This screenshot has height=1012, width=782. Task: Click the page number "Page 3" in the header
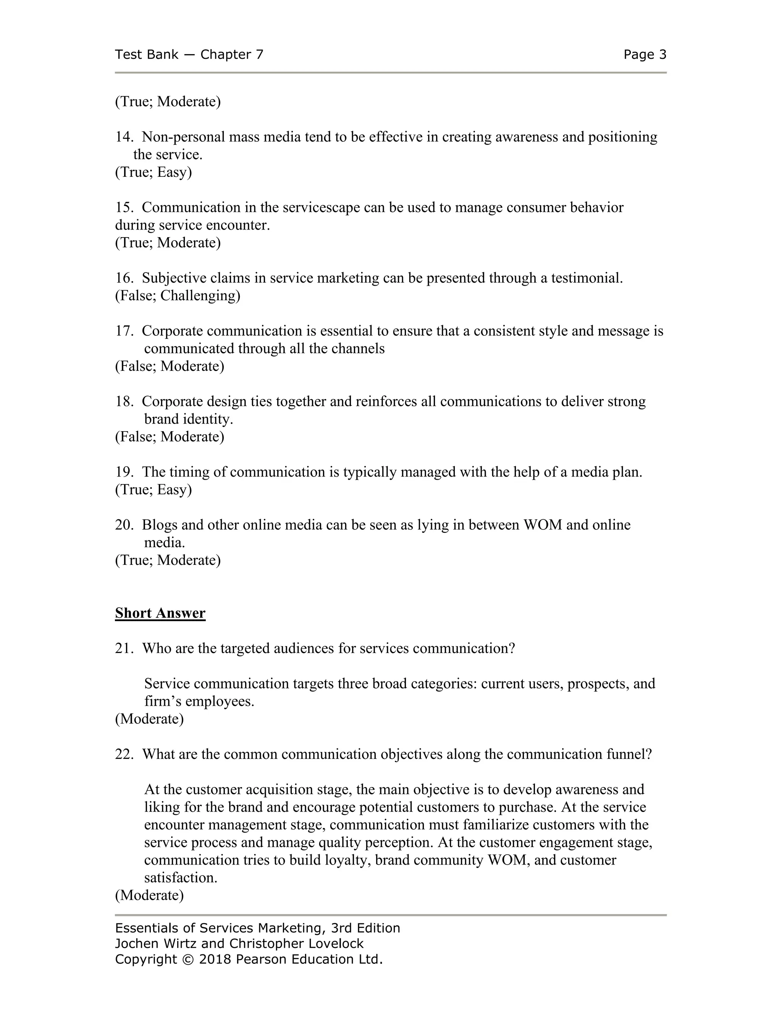(x=645, y=55)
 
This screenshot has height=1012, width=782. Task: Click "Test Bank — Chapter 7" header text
(x=189, y=55)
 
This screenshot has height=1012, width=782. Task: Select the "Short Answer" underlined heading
(x=160, y=613)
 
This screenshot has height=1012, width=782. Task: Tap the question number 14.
(x=124, y=137)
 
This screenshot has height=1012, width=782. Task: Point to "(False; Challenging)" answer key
(x=178, y=295)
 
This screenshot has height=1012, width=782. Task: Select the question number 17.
(x=124, y=331)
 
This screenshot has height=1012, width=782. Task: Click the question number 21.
(x=124, y=648)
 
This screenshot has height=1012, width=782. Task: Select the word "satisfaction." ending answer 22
(x=181, y=878)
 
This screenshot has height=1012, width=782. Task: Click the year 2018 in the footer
(x=215, y=959)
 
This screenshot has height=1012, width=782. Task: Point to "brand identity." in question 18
(x=189, y=419)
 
